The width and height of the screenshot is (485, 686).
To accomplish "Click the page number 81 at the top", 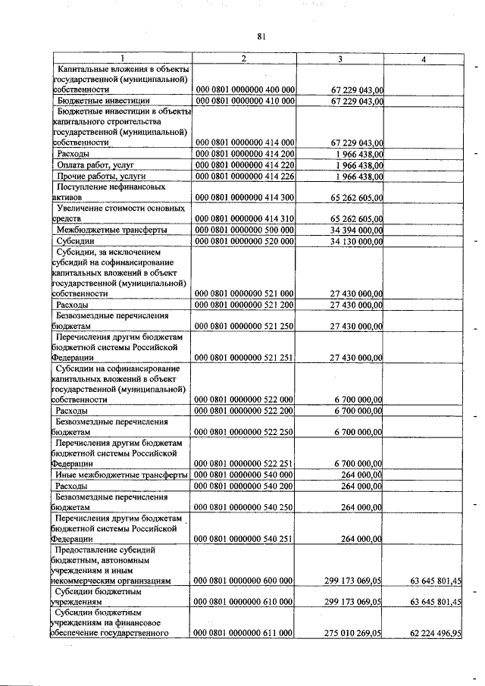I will pos(261,36).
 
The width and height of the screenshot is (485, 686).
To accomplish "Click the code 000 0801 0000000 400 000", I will pos(244,89).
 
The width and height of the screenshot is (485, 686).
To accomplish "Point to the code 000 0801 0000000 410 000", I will pos(244,100).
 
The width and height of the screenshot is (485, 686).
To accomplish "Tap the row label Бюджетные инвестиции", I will pos(103,100).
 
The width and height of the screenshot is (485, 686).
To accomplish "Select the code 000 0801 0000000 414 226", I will pos(244,176).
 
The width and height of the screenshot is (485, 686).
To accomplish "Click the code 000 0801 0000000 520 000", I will pos(244,241).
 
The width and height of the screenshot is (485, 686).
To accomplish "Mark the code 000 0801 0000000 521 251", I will pos(244,356).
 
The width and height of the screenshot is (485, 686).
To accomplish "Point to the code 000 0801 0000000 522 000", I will pos(244,399).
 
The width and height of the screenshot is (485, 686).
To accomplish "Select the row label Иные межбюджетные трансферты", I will pos(121,475).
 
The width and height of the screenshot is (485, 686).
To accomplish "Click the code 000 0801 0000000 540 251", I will pos(244,538).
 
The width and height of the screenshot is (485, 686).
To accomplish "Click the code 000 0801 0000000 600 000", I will pos(244,581).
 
